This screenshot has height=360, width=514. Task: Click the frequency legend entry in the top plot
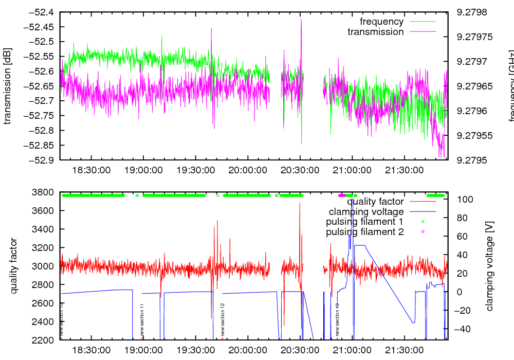point(381,22)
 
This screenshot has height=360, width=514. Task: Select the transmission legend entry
point(375,32)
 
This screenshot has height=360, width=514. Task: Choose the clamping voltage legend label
point(366,211)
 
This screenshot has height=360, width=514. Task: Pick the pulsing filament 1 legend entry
point(364,222)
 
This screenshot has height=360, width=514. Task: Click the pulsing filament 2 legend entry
point(364,232)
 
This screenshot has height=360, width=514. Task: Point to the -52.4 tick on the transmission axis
point(43,12)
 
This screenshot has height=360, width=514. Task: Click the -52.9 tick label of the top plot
point(43,160)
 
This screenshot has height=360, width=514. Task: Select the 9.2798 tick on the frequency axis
point(471,12)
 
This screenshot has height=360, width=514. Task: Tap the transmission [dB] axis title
point(7,85)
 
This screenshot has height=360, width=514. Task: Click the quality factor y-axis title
point(14,266)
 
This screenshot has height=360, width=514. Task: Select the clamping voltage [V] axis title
point(489,266)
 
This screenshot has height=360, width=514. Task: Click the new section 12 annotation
point(223,319)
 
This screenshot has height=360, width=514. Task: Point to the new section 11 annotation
point(142,320)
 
